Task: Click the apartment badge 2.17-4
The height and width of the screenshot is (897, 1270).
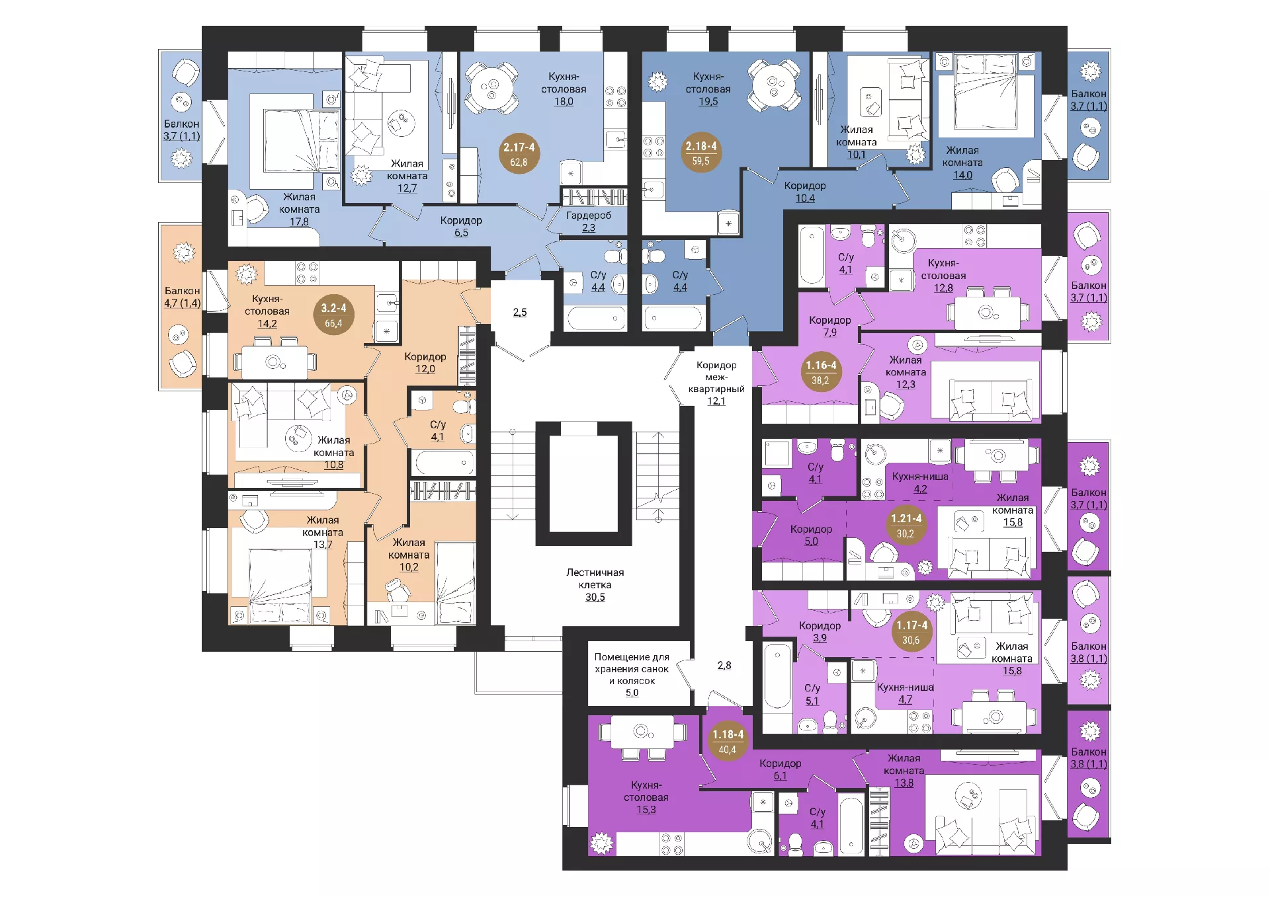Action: coord(519,154)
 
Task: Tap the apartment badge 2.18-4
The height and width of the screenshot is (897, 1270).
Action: coord(701,153)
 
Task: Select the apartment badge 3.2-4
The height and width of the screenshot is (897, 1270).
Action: coord(333,315)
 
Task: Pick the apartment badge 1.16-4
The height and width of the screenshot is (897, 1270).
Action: coord(821,371)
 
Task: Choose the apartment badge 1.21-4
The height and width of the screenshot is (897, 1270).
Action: coord(906,525)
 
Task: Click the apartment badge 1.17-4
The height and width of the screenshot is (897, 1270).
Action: coord(911,632)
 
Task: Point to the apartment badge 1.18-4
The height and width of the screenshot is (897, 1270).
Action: coord(728,741)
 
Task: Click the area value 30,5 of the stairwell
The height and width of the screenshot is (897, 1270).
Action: coord(595,598)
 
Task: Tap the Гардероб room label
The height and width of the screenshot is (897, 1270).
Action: coord(589,215)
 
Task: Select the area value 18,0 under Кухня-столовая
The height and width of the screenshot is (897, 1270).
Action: coord(564,102)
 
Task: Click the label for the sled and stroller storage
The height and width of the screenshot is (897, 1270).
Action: coord(632,669)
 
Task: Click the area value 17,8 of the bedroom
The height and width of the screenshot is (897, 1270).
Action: coord(299,222)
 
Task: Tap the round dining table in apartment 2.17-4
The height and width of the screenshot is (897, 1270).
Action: coord(491,88)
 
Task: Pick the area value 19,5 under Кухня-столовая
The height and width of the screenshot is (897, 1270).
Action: coord(708,102)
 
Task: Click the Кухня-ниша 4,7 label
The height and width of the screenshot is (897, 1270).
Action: coord(905,693)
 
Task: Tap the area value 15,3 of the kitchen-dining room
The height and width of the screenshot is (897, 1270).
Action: coord(646,810)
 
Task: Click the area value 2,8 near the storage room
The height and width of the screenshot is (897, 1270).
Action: coord(724,666)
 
